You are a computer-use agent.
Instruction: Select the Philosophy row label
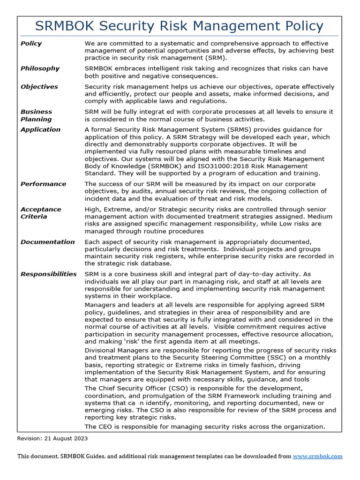pyautogui.click(x=40, y=68)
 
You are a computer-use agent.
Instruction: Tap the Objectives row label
pyautogui.click(x=39, y=87)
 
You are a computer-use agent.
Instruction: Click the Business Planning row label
pyautogui.click(x=36, y=115)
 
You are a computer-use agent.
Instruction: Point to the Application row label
pyautogui.click(x=40, y=129)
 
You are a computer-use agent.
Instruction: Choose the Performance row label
pyautogui.click(x=43, y=184)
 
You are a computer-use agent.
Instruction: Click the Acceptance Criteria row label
pyautogui.click(x=40, y=213)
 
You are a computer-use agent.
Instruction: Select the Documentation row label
pyautogui.click(x=47, y=242)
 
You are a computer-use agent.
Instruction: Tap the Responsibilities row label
pyautogui.click(x=48, y=274)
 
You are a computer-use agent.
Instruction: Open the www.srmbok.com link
pyautogui.click(x=317, y=456)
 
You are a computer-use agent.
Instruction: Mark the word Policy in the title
pyautogui.click(x=300, y=26)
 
